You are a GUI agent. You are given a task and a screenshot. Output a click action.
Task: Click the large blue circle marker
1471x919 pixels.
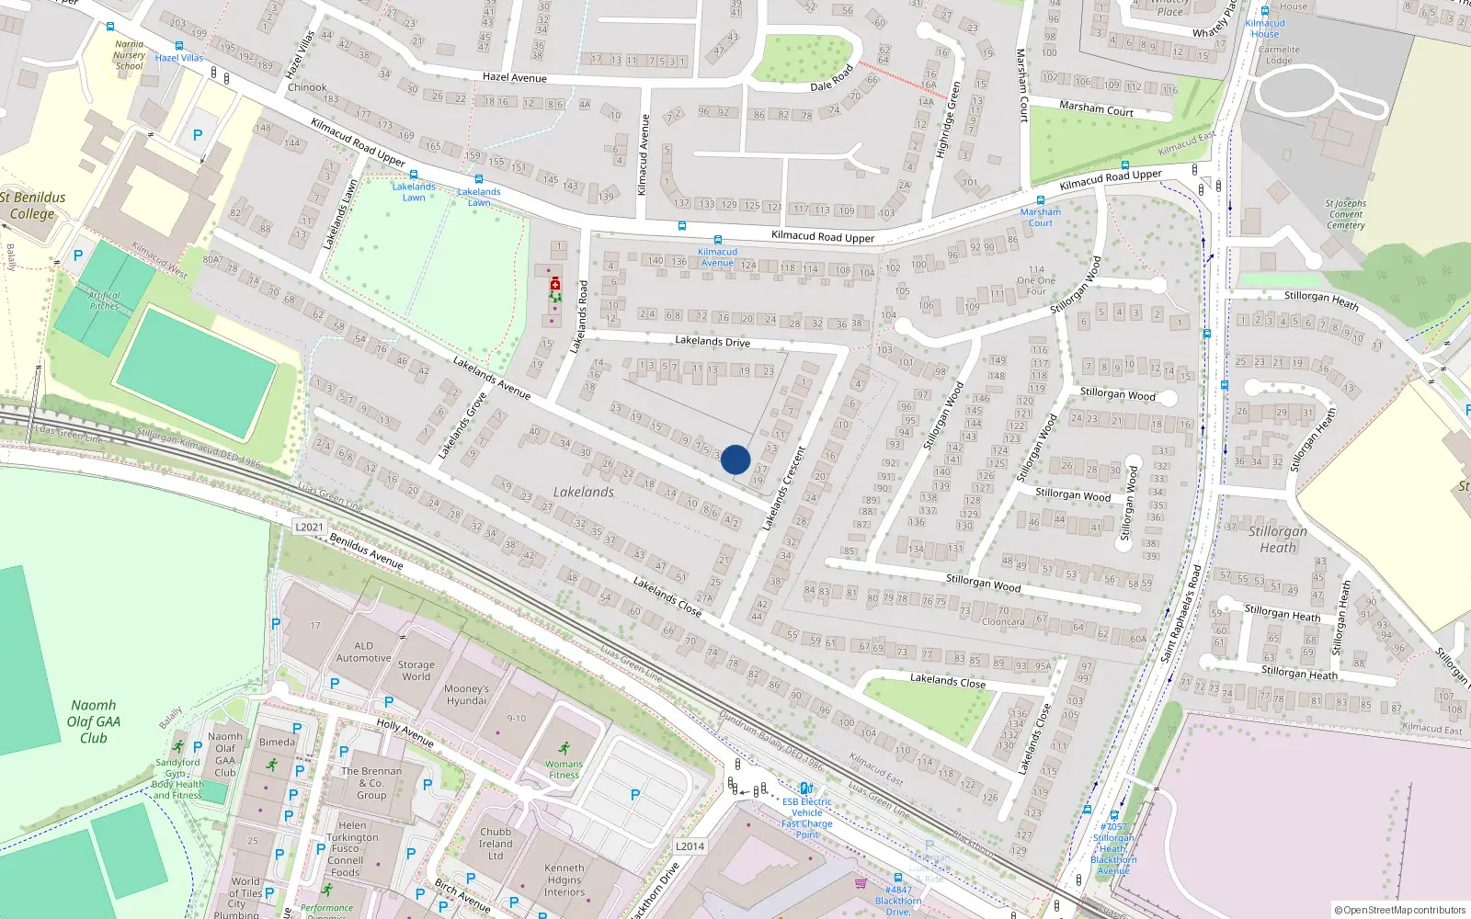click(735, 459)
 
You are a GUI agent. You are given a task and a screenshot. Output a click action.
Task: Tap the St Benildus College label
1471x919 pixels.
click(33, 205)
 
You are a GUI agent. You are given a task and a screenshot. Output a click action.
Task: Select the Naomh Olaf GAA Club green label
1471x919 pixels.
click(93, 721)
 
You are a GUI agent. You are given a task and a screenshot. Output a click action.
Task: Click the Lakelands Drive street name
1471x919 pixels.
click(713, 341)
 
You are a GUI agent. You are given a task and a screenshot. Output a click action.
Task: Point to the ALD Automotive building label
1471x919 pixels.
click(363, 652)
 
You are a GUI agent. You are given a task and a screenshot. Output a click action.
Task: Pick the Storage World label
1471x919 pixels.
click(416, 670)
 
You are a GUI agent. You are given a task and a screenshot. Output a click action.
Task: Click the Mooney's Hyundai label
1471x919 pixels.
click(466, 695)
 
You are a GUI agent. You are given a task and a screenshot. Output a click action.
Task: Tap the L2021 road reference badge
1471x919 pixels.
click(309, 527)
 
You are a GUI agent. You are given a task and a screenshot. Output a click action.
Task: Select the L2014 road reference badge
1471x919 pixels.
click(690, 846)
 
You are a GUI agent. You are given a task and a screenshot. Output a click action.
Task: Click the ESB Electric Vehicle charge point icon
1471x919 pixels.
click(805, 788)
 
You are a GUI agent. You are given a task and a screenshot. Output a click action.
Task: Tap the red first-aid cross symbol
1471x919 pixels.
click(554, 285)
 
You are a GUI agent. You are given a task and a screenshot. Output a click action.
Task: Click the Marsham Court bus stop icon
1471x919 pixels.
click(1041, 200)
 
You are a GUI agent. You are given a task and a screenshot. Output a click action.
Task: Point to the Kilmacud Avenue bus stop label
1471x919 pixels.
click(717, 257)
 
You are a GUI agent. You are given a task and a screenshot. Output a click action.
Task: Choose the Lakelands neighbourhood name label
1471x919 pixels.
click(583, 492)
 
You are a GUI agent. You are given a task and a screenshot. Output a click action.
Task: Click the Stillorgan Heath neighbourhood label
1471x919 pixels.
click(1278, 539)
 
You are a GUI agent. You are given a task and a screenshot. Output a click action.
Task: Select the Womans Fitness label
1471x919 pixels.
click(564, 769)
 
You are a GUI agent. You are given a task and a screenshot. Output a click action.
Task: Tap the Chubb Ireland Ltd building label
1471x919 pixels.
click(496, 844)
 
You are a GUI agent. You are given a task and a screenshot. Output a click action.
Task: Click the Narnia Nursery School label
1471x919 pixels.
click(130, 55)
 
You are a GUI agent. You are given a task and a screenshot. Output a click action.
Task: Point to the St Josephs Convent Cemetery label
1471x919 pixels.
click(1346, 214)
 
